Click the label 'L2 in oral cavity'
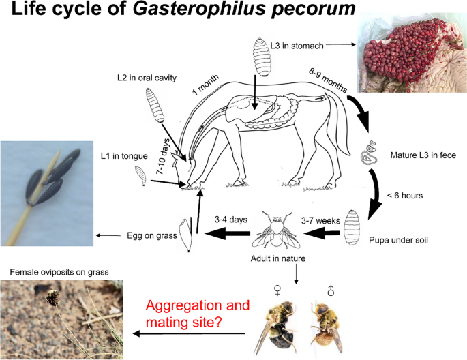click(x=147, y=78)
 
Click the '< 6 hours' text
click(x=406, y=196)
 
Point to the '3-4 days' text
click(x=229, y=219)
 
